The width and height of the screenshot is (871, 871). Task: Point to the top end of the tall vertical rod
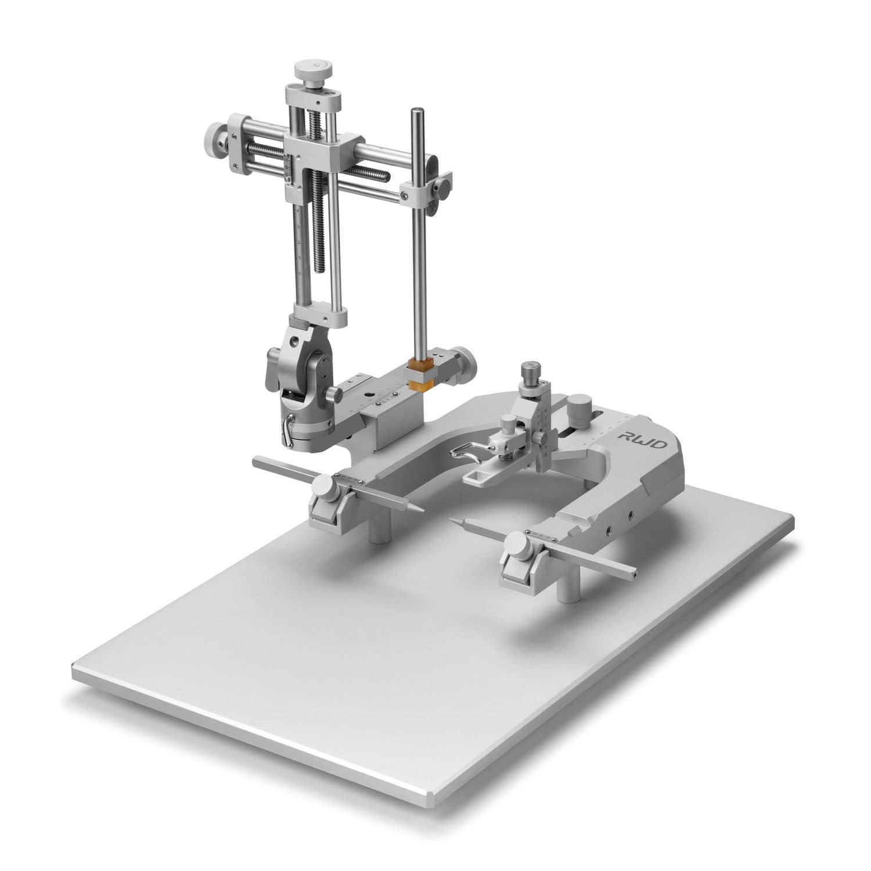click(x=416, y=111)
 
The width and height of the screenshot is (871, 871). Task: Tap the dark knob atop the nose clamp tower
click(x=528, y=369)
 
